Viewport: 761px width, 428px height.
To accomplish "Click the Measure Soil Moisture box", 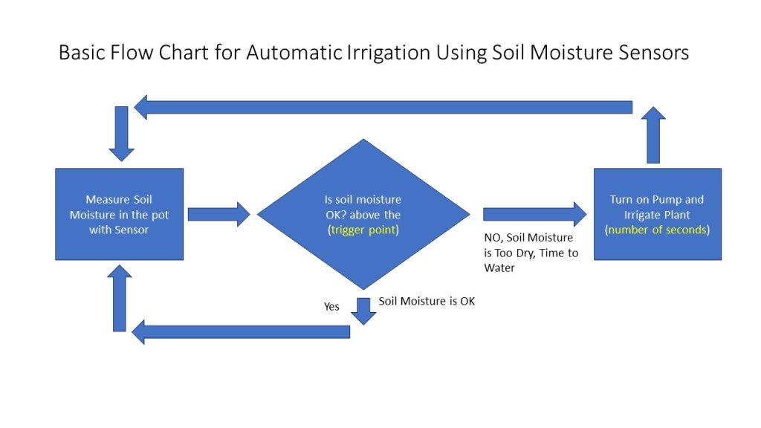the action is (120, 214).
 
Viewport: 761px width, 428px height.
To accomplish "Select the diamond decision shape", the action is (363, 214).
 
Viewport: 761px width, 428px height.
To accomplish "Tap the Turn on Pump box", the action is (658, 214).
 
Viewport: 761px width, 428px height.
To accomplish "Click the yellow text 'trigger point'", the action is (363, 230).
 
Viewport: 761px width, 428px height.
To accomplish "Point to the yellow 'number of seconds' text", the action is (658, 230).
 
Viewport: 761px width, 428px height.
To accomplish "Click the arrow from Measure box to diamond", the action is (219, 214).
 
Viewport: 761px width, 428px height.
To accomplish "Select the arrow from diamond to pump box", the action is (535, 214).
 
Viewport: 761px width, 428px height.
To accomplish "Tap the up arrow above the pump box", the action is (653, 135).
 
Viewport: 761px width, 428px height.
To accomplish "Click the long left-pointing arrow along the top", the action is (383, 107).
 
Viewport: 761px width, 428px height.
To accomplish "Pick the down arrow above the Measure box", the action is (121, 134).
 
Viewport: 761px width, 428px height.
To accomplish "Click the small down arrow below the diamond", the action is (363, 311).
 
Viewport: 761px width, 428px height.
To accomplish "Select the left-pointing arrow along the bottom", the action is (241, 332).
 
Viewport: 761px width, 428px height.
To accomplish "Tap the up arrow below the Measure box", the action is (120, 298).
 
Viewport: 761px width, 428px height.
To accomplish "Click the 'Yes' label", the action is (331, 306).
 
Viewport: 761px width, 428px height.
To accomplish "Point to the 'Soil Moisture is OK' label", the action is (427, 301).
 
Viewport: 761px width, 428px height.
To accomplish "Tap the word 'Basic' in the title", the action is (82, 53).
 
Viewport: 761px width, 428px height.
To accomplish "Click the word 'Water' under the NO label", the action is (499, 267).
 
